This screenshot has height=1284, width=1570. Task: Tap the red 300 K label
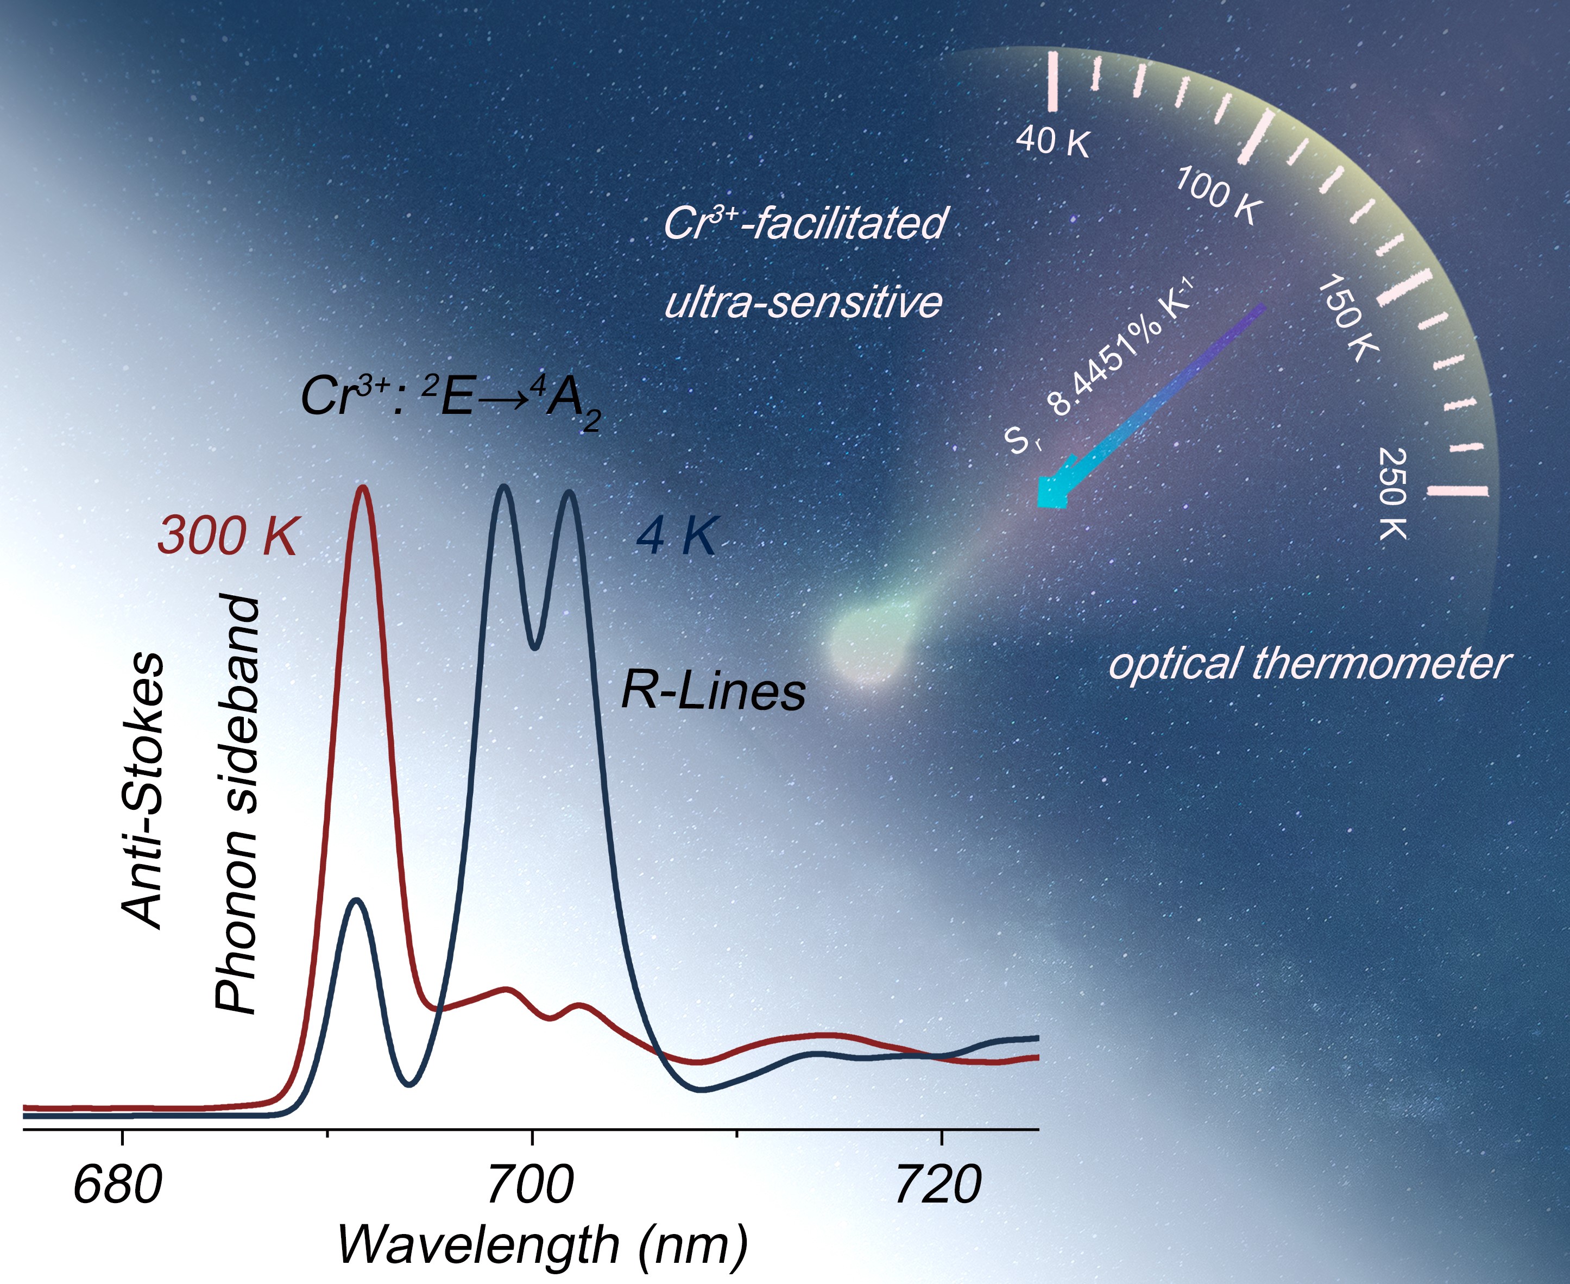[x=227, y=535]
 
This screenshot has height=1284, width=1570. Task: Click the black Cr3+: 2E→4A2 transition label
[x=450, y=398]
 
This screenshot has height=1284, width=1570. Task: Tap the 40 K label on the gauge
[x=1053, y=141]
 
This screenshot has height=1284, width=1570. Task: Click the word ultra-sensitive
[x=803, y=302]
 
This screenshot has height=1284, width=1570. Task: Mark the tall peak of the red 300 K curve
[x=362, y=488]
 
